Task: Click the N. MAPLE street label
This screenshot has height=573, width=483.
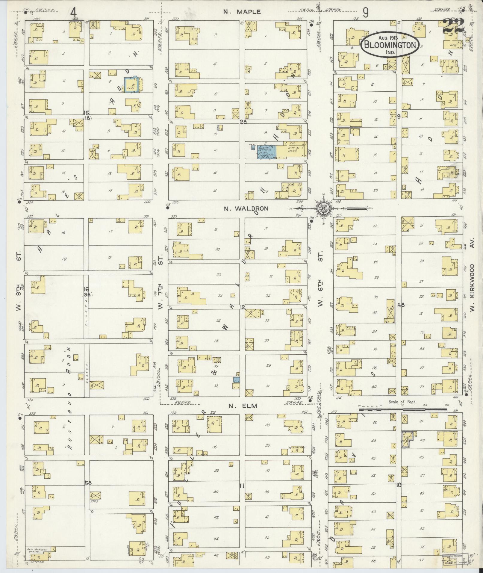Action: (x=242, y=12)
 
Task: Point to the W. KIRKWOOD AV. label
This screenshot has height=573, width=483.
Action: (x=473, y=288)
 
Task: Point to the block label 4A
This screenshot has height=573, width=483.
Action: (x=401, y=305)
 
